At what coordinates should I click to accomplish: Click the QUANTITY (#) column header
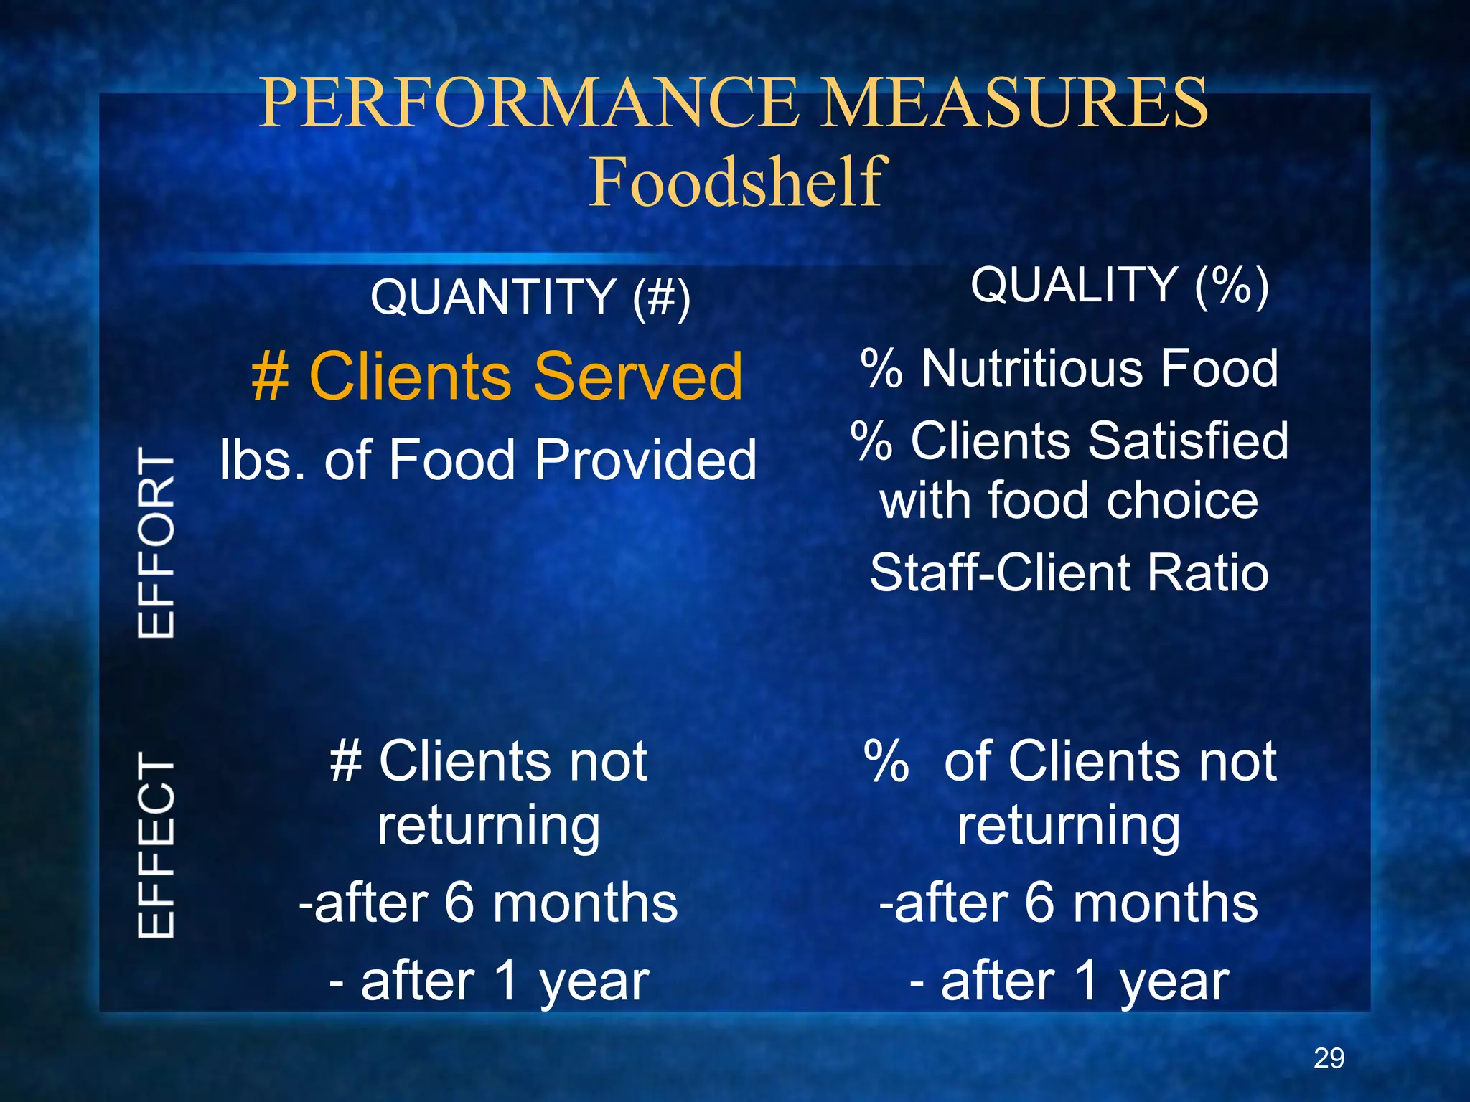tap(530, 296)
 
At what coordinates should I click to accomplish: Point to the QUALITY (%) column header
tap(1119, 285)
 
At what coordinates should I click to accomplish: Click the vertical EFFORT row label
tap(156, 542)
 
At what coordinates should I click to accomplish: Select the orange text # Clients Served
tap(497, 376)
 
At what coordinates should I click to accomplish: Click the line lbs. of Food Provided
tap(488, 459)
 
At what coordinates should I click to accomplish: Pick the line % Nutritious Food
tap(1069, 368)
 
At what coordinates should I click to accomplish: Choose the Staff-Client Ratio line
tap(1069, 573)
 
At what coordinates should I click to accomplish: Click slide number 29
tap(1329, 1058)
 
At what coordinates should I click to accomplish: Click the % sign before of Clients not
tap(887, 760)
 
